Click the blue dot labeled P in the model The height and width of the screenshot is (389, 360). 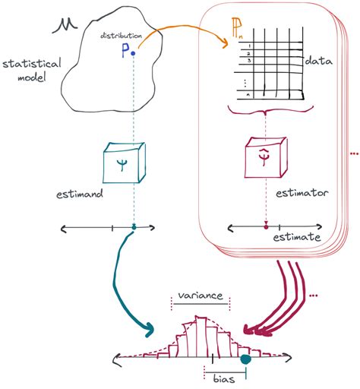pyautogui.click(x=134, y=53)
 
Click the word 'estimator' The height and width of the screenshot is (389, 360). pyautogui.click(x=302, y=194)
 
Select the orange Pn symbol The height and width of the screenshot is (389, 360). pyautogui.click(x=238, y=31)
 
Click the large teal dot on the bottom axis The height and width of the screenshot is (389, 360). pyautogui.click(x=245, y=361)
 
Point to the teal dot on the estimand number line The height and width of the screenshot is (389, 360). pyautogui.click(x=134, y=226)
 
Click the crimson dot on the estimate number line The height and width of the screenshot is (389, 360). pyautogui.click(x=265, y=226)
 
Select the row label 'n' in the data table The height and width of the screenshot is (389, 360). pyautogui.click(x=247, y=94)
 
